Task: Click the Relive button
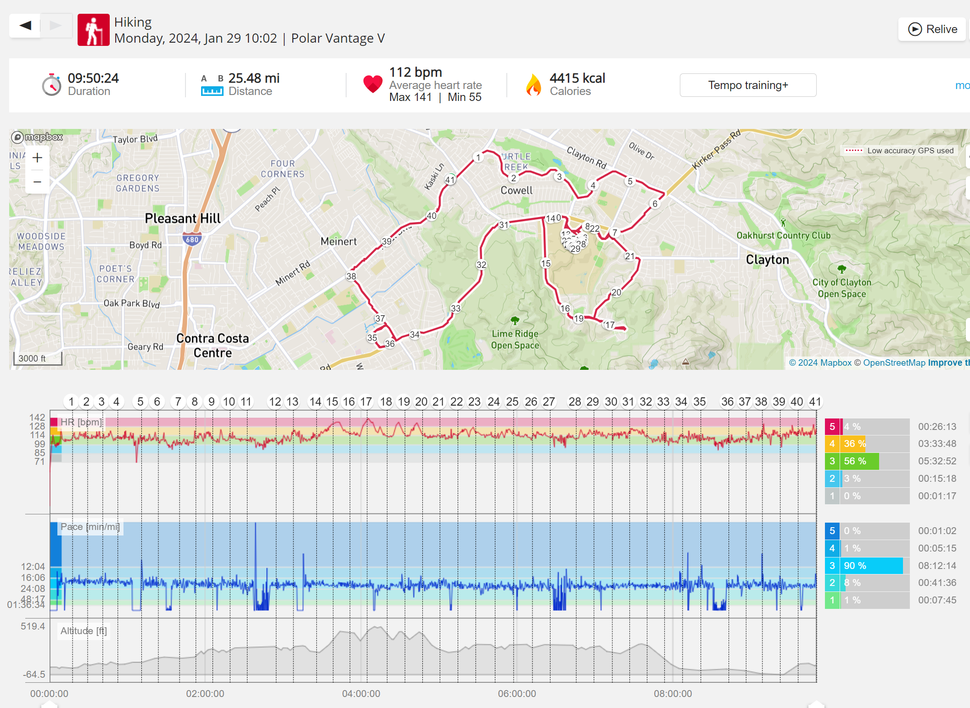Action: point(932,29)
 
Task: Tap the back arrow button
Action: point(25,25)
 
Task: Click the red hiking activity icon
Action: point(94,30)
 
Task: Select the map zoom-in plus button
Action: point(38,158)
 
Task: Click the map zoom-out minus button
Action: point(38,182)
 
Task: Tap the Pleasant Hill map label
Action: point(183,218)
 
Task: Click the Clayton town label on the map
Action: point(767,260)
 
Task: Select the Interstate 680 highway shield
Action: point(192,239)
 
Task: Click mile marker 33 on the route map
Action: point(455,308)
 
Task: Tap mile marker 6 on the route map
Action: point(655,204)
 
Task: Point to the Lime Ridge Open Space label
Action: point(515,340)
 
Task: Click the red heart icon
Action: point(372,84)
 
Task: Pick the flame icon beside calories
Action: point(533,85)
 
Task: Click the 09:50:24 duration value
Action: point(93,78)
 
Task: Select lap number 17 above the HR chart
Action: point(365,402)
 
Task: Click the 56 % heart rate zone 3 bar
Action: point(860,461)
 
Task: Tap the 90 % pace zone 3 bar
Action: point(872,566)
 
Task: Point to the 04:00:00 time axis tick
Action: point(361,694)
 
